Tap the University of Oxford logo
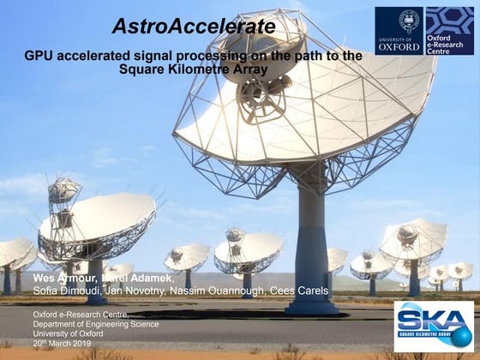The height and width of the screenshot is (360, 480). [399, 31]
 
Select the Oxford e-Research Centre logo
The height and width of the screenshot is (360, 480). [449, 31]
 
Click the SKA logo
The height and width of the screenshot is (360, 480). [433, 327]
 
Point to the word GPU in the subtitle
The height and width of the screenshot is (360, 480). [39, 55]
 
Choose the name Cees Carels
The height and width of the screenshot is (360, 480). [301, 291]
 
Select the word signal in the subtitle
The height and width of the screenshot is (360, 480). [147, 55]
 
